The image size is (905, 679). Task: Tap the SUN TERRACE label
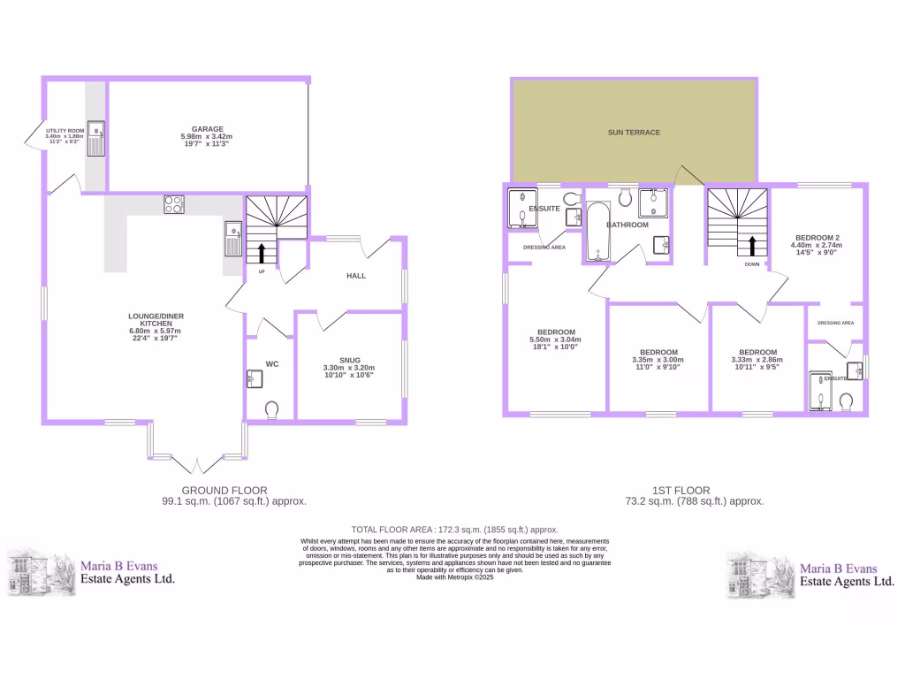[x=634, y=133]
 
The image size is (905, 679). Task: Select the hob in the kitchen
[x=174, y=204]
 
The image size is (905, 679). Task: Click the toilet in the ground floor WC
[x=271, y=408]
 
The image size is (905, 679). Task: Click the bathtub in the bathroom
[x=598, y=233]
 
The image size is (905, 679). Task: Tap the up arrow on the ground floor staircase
[x=262, y=251]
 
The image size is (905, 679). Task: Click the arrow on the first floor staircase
[x=751, y=245]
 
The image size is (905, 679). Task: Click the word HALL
[x=356, y=276]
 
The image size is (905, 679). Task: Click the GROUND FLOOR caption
[x=224, y=490]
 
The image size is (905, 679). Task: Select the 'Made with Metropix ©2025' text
[x=453, y=576]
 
